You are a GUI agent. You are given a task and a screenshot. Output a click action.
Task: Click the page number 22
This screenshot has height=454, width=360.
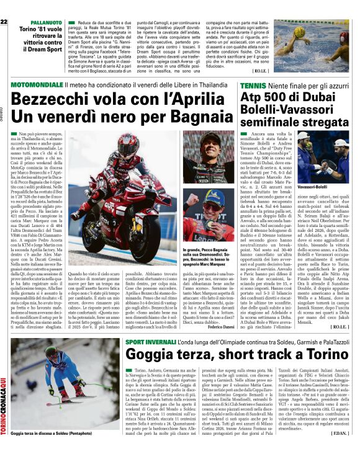(x=4, y=22)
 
